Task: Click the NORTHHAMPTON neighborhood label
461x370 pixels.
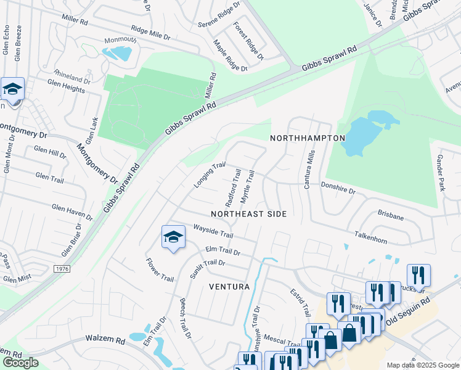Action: [x=307, y=138]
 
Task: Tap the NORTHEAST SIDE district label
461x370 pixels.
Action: [x=249, y=214]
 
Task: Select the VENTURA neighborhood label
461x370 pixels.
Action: [x=229, y=287]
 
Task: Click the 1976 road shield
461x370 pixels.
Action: [x=62, y=269]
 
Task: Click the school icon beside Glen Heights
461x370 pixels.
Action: [x=12, y=90]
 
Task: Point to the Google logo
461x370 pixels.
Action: [x=20, y=363]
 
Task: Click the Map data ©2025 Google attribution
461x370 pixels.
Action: [x=422, y=365]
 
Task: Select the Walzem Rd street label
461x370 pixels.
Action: [x=105, y=340]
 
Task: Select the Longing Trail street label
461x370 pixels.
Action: [x=210, y=175]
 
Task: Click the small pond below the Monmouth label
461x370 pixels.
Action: [x=117, y=53]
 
